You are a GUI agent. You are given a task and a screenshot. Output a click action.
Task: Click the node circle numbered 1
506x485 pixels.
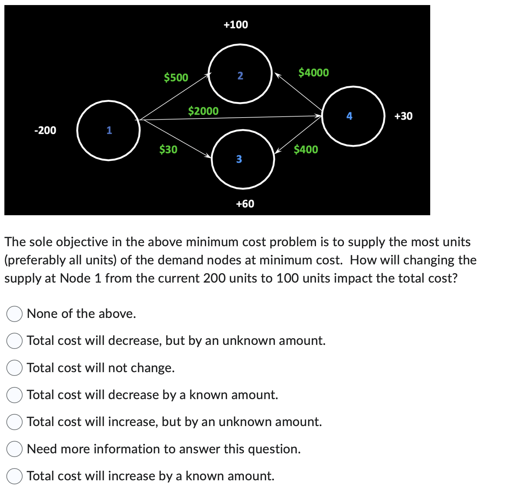coord(108,130)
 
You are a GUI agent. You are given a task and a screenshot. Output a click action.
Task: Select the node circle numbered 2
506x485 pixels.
coord(240,74)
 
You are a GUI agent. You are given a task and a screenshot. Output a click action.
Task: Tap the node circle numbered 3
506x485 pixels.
coord(243,159)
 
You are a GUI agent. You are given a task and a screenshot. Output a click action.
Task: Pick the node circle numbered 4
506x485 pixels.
coord(353,116)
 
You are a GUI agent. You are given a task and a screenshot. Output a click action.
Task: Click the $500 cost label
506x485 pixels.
coord(176,77)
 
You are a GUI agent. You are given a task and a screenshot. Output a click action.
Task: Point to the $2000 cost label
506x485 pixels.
coord(203,111)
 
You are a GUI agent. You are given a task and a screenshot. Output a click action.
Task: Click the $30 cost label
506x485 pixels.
coord(168,149)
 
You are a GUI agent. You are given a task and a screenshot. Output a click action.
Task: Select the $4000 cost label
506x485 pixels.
coord(314,72)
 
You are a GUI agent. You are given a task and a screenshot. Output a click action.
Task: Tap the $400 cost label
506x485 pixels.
coord(306,149)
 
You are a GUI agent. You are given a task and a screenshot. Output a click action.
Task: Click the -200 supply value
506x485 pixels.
coord(45,130)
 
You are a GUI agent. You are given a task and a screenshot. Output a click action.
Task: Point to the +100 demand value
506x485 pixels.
coord(236,25)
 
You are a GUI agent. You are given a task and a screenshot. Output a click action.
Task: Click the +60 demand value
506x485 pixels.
coord(245,204)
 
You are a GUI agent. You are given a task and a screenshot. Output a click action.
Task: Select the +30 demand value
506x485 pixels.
coord(403,116)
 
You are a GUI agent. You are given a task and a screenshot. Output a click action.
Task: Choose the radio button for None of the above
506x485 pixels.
coord(14,314)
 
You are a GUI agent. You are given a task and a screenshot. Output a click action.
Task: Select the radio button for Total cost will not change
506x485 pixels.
coord(14,368)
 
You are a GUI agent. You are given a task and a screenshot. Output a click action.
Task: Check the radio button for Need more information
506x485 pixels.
coord(14,449)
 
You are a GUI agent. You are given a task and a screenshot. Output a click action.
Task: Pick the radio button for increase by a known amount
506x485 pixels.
coord(14,476)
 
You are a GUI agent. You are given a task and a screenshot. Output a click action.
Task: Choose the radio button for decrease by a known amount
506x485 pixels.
coord(14,395)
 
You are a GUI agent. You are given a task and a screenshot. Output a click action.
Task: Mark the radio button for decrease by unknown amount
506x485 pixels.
coord(14,341)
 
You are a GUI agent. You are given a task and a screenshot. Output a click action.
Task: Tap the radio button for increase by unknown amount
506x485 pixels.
coord(14,422)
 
